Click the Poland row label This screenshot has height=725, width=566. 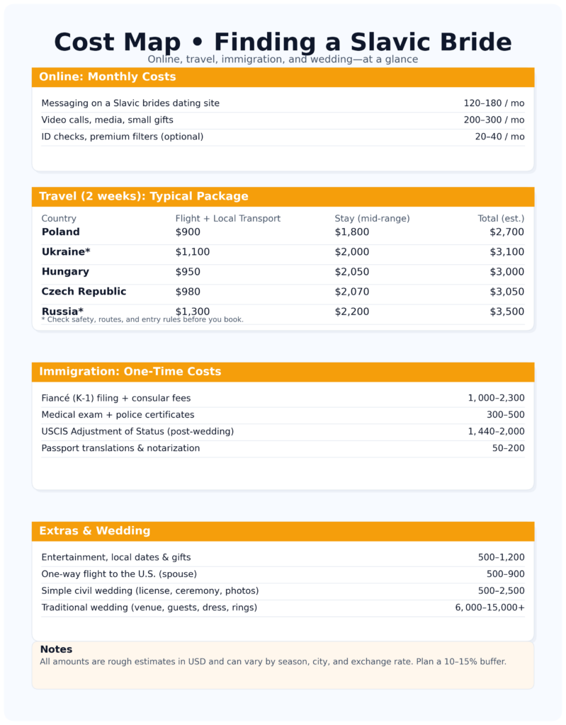(x=60, y=232)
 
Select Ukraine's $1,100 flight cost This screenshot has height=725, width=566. (x=193, y=252)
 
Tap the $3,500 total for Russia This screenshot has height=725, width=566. (x=506, y=312)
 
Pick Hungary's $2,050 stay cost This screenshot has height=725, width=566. (x=352, y=272)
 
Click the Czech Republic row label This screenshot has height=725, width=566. (x=84, y=292)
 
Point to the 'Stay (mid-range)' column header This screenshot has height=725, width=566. (x=372, y=219)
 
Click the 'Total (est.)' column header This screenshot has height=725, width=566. (x=501, y=219)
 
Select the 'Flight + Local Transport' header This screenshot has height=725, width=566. (x=228, y=219)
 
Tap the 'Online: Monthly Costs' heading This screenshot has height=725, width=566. (x=108, y=77)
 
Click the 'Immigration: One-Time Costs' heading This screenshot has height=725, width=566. (x=130, y=372)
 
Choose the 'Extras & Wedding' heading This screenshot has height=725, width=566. (x=94, y=531)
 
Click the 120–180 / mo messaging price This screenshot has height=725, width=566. (x=494, y=103)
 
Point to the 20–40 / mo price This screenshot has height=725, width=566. (x=499, y=137)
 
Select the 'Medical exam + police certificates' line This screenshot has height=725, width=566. (x=118, y=415)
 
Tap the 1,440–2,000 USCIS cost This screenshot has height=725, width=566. (x=496, y=431)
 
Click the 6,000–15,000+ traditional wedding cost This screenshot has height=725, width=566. (x=489, y=607)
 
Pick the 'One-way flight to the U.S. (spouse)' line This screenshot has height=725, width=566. (x=119, y=574)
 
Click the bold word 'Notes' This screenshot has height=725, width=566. (x=56, y=649)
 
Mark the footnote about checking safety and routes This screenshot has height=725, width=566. (x=142, y=319)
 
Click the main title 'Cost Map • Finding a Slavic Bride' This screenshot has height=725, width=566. (x=283, y=42)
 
